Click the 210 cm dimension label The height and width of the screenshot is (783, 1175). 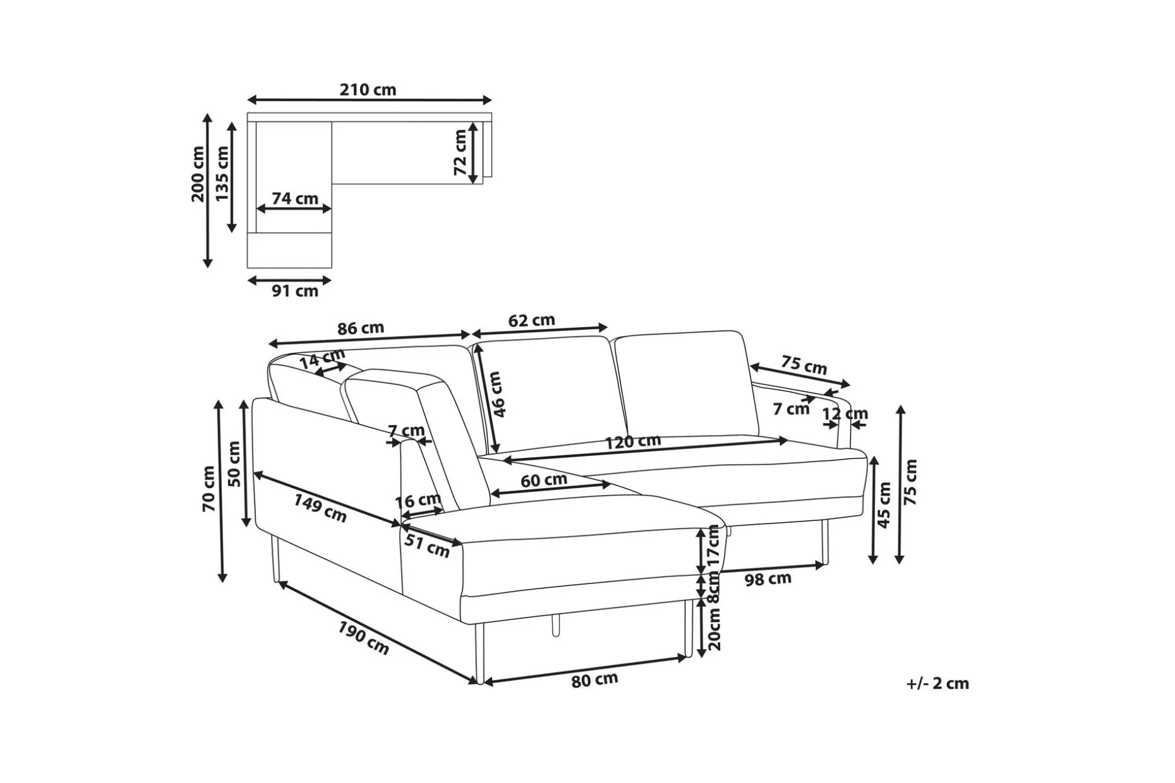pos(368,90)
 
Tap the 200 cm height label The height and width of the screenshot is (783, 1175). pos(198,174)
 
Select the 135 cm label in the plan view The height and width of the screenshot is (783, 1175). pos(222,174)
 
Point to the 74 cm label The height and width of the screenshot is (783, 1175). pos(295,198)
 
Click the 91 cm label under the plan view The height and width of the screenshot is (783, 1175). pos(295,291)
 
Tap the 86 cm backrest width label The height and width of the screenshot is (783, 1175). pos(361,328)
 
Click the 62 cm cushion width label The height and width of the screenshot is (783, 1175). pos(532,320)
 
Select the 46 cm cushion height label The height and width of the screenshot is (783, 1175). pos(498,394)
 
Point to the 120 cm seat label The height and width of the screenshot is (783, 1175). pos(633,441)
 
